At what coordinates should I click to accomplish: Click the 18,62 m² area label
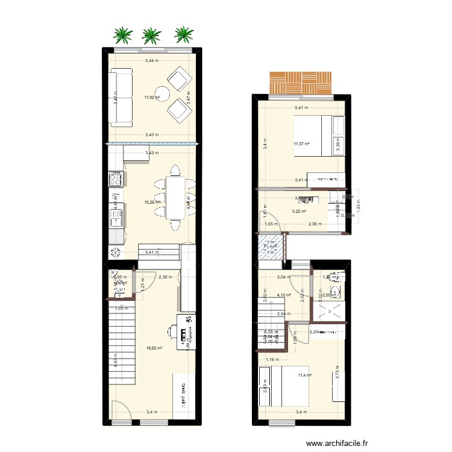(155, 348)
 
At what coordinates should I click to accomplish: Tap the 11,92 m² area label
(152, 96)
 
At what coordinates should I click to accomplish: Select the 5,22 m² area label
(300, 211)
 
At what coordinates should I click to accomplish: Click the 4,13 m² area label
(284, 295)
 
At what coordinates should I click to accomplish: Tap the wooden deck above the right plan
(300, 83)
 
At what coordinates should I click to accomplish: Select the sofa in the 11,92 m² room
(121, 98)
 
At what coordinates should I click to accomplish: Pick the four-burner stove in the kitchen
(116, 178)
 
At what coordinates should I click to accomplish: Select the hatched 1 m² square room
(271, 246)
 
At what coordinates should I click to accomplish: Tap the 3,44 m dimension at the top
(152, 61)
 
